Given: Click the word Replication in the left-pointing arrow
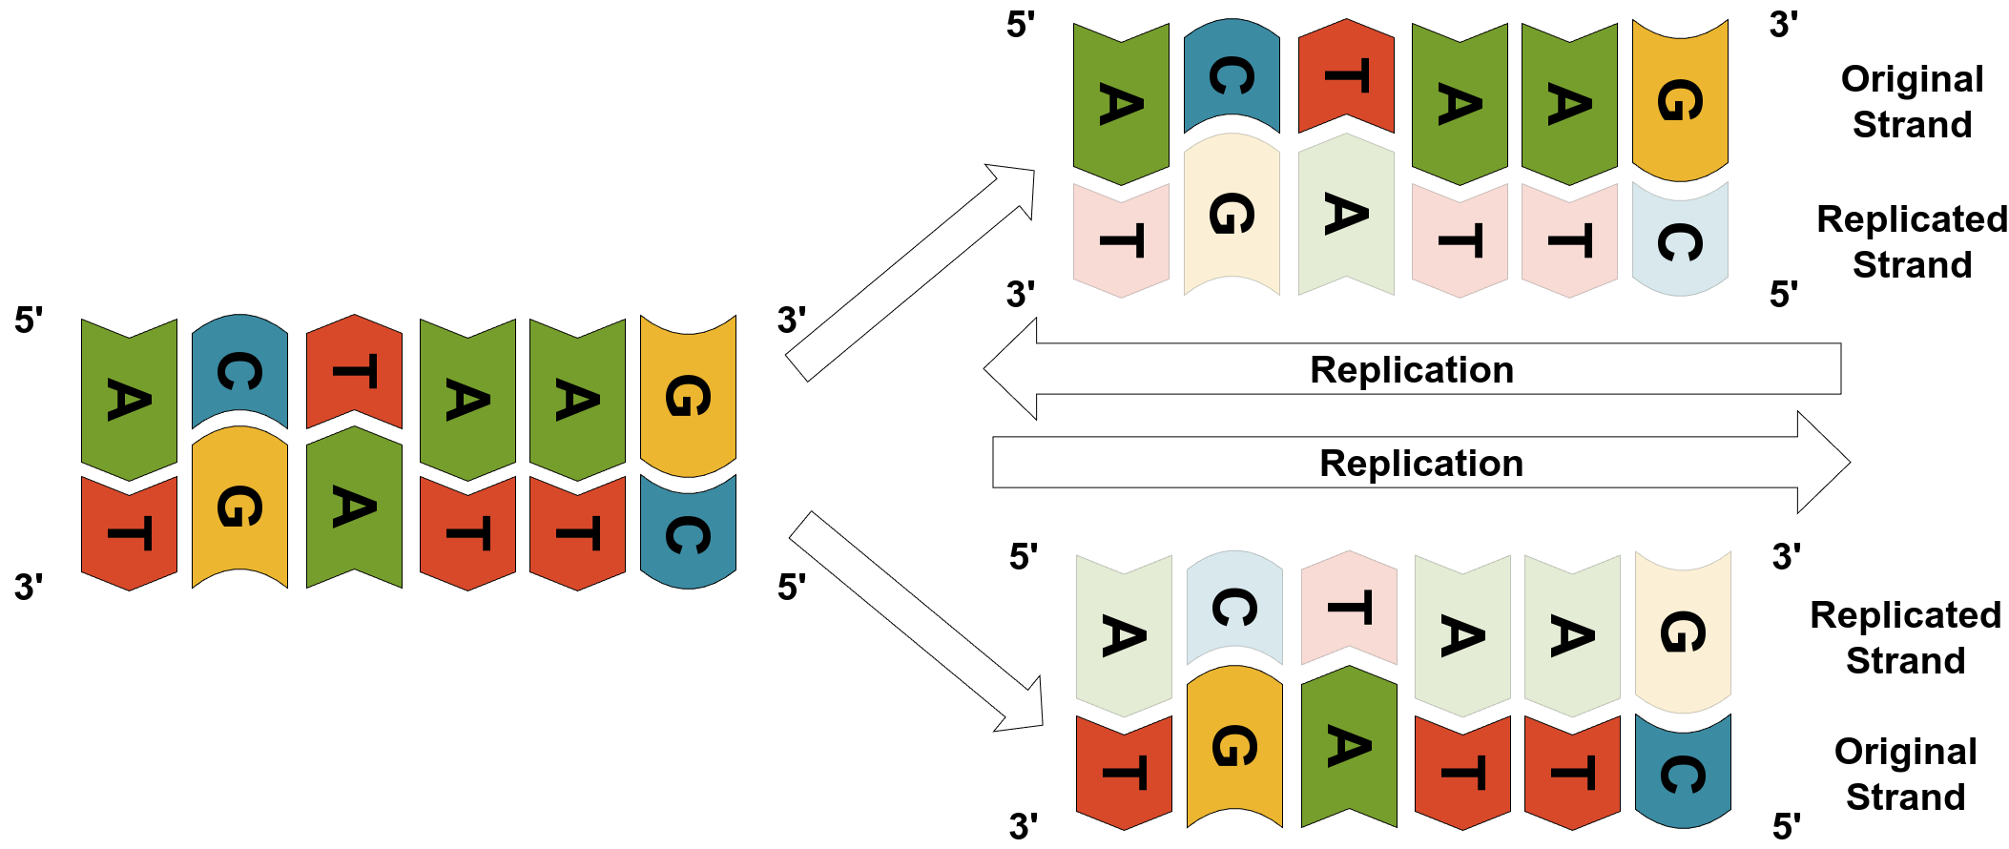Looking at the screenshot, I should pos(1411,370).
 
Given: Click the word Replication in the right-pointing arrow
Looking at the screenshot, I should pos(1420,464).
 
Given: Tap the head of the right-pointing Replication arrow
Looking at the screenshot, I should pos(1822,463).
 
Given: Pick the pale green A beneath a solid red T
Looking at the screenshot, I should pos(1346,215).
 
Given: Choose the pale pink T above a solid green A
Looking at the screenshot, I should pos(1349,608).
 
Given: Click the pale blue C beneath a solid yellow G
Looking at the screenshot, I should pos(1680,240).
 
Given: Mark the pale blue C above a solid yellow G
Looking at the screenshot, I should pos(1234,608).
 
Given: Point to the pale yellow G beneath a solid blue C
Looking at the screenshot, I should pos(1232,215).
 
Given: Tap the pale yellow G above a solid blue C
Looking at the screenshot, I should pos(1683,632).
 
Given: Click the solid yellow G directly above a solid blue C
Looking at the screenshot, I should pos(688,396).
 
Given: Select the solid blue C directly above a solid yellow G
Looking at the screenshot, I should pos(239,372).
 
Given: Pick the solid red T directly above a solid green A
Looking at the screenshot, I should pos(354,372).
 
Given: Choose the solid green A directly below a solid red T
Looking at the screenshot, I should pos(354,507).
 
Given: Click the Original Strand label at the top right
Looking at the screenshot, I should pos(1912,102).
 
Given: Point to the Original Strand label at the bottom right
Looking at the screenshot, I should pos(1905,774).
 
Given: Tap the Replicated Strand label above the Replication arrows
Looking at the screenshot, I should pos(1912,241).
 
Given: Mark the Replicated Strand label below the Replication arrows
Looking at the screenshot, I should pos(1905,637).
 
